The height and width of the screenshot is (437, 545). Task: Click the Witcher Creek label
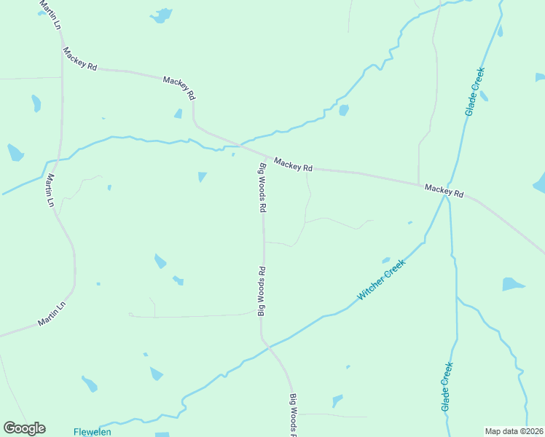tap(380, 282)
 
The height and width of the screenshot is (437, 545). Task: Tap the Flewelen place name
tap(93, 432)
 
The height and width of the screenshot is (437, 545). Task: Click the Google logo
tap(24, 428)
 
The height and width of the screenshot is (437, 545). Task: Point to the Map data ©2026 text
tap(514, 431)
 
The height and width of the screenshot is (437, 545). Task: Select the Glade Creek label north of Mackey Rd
tap(475, 91)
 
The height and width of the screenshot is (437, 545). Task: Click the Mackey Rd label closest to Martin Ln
tap(80, 58)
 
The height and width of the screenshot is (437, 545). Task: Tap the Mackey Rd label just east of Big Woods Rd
tap(293, 164)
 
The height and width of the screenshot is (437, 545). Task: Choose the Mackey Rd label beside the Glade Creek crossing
tap(444, 192)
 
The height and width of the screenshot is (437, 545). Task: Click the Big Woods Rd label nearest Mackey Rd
tap(262, 187)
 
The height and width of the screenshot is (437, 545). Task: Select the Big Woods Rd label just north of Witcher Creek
tap(261, 291)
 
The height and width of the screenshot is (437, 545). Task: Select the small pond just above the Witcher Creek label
tap(385, 260)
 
